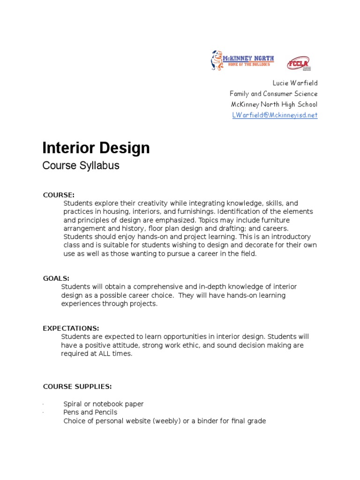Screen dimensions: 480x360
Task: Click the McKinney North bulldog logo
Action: coord(243,60)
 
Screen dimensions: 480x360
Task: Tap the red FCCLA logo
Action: coord(299,63)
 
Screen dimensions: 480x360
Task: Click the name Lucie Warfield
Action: coord(295,83)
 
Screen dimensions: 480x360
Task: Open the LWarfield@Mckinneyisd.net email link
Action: coord(275,115)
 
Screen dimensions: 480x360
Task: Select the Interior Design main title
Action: coord(96,148)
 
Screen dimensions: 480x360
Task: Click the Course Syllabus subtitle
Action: coord(81,165)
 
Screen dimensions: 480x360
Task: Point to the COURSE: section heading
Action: coord(59,195)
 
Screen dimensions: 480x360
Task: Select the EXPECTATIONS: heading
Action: coord(71,329)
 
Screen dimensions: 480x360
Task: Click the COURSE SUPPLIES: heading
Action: coord(77,387)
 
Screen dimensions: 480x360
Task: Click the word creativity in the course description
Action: coord(152,203)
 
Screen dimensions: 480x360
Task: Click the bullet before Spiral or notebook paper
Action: coord(43,404)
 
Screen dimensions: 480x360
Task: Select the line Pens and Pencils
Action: coord(90,412)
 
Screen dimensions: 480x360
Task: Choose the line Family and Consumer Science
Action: coord(273,94)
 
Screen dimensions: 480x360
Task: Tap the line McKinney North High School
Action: coord(274,104)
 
